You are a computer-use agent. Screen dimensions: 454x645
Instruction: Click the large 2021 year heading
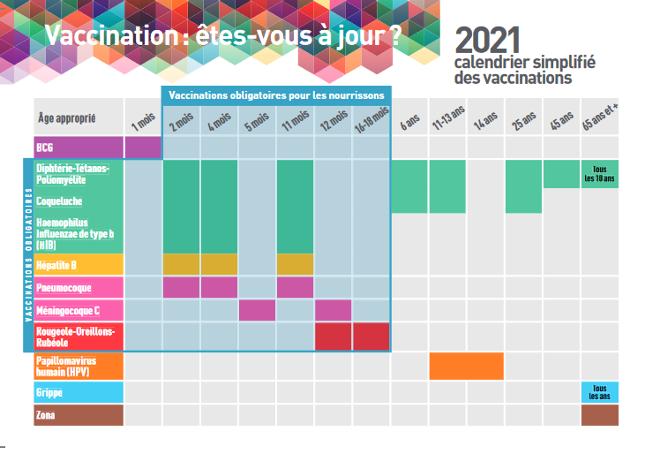488,39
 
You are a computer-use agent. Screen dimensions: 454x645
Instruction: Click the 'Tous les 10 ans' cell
599,173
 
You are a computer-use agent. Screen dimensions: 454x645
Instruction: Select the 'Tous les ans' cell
599,391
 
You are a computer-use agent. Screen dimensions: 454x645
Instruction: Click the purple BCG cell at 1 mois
143,147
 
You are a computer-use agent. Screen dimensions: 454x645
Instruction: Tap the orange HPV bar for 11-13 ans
467,366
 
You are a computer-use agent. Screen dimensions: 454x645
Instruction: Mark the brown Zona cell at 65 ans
599,415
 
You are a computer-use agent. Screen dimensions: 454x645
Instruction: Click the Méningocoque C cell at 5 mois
257,310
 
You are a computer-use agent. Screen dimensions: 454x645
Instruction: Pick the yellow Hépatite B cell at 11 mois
295,263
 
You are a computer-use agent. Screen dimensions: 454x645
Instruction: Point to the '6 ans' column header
409,122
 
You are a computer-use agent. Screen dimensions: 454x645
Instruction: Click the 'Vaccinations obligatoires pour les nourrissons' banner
275,95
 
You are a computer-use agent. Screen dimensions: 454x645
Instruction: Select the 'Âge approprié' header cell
67,117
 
